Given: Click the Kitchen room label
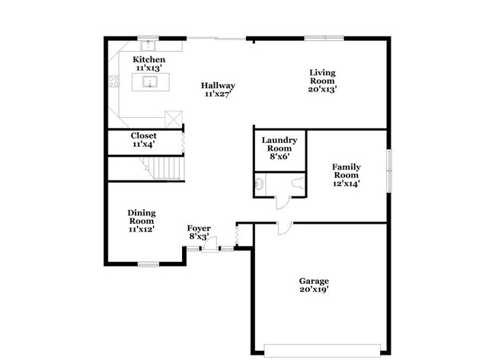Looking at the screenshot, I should click(x=148, y=59).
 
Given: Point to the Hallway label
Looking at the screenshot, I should click(x=218, y=85).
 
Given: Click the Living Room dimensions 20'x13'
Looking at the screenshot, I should click(x=322, y=88).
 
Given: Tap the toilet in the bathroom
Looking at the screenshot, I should click(x=296, y=182).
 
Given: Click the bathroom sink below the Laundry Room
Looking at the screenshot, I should click(x=259, y=183).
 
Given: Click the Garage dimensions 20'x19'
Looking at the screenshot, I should click(x=314, y=289).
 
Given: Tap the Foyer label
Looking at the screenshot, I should click(x=199, y=228).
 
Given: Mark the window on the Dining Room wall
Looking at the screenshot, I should click(x=148, y=264).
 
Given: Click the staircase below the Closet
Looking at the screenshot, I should click(x=164, y=167).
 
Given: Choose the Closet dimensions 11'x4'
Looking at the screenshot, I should click(x=143, y=144).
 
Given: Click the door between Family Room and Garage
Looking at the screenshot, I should click(x=282, y=227).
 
